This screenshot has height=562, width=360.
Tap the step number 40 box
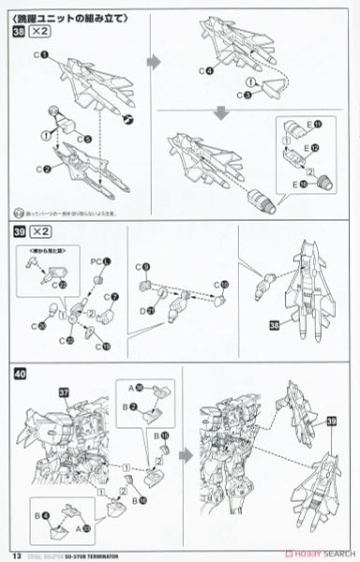pyautogui.click(x=18, y=373)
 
